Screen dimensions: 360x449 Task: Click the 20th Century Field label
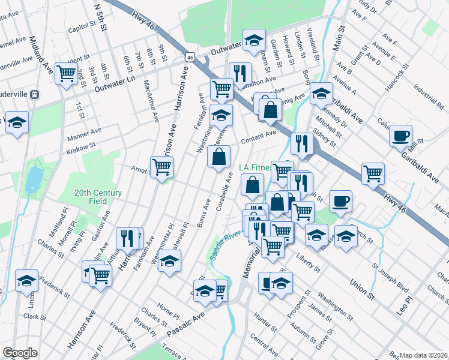click(x=98, y=197)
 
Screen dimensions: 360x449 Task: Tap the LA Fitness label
click(x=259, y=167)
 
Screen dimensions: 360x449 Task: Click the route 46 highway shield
click(x=190, y=57)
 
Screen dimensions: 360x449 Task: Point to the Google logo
click(x=20, y=353)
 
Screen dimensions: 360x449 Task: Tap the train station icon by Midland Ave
click(x=35, y=94)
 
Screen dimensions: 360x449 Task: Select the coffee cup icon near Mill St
click(x=400, y=135)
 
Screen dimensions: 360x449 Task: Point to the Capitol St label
click(x=82, y=28)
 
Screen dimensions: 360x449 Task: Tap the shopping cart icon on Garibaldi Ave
click(x=373, y=173)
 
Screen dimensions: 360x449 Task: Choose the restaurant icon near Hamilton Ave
click(x=240, y=73)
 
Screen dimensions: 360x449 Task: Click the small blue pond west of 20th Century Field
click(x=34, y=178)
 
